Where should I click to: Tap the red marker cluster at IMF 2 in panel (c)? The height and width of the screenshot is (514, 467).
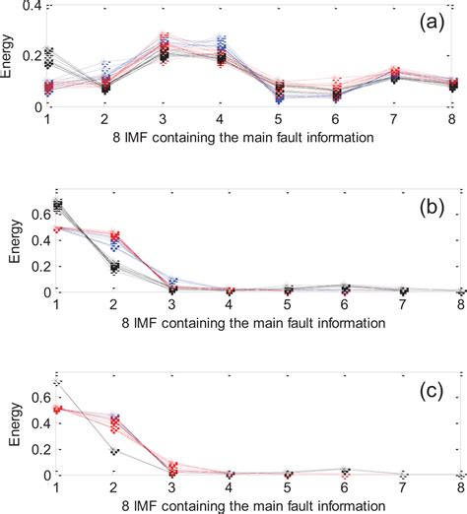click(116, 424)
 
